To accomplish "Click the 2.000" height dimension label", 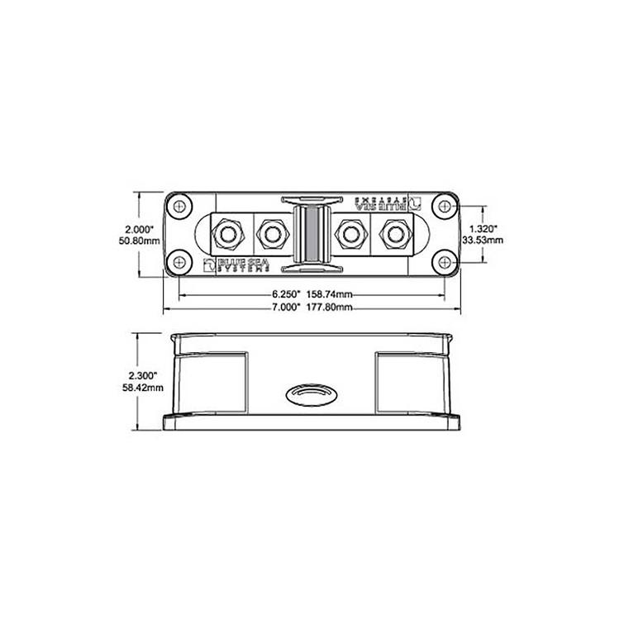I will click(135, 228).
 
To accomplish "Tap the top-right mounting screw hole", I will click(445, 204).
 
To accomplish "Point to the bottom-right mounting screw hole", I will click(445, 263).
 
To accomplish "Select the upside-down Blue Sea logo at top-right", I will click(389, 202).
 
